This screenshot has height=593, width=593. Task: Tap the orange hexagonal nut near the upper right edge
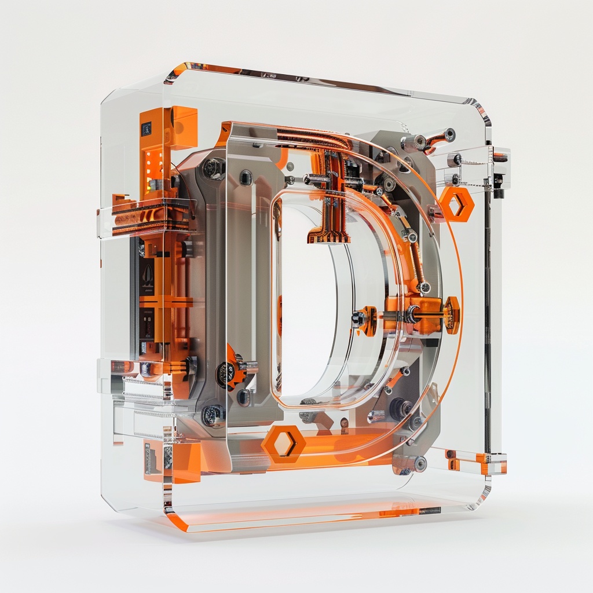tap(456, 203)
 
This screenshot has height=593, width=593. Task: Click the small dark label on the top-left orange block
tap(146, 129)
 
